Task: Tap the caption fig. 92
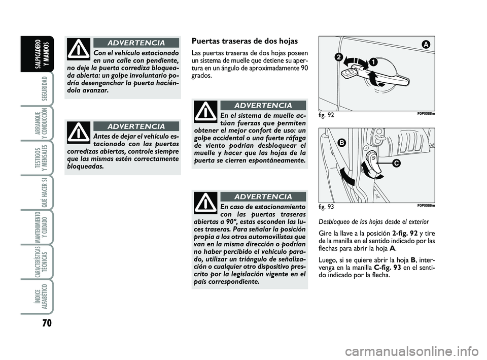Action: pyautogui.click(x=327, y=115)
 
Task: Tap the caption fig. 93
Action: pyautogui.click(x=327, y=207)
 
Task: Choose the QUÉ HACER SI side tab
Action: pyautogui.click(x=44, y=190)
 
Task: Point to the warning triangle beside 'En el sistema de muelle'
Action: pyautogui.click(x=205, y=112)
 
